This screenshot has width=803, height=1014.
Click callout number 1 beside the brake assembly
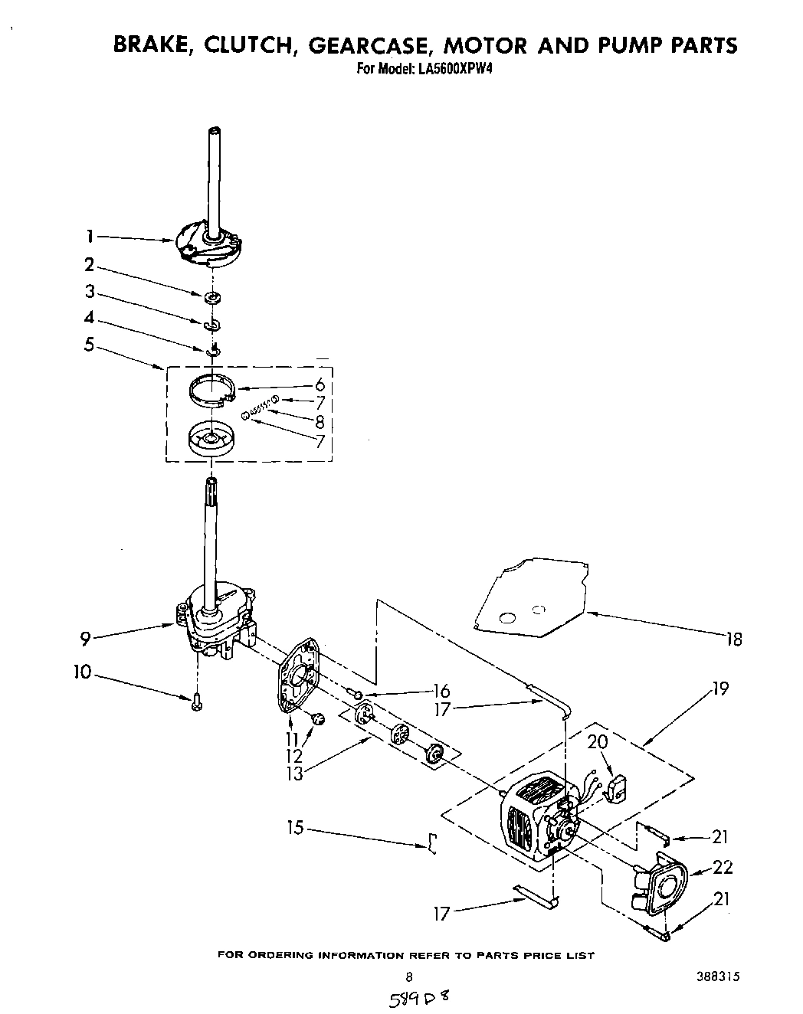[x=90, y=237]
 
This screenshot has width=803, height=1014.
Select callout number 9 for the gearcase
[x=87, y=636]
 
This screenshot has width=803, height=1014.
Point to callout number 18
[x=733, y=639]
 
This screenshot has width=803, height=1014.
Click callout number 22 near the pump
[x=723, y=867]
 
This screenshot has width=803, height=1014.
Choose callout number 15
[x=296, y=828]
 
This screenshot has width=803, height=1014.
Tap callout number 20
[x=597, y=742]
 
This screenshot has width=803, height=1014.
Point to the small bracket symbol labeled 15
[x=432, y=843]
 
